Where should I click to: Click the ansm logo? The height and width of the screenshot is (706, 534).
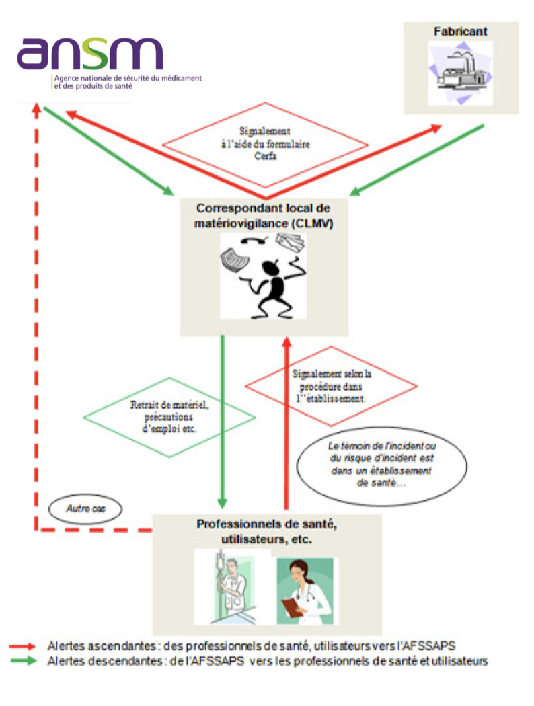[x=91, y=53]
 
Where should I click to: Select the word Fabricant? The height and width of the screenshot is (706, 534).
[x=461, y=31]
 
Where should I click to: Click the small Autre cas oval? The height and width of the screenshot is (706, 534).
[x=86, y=510]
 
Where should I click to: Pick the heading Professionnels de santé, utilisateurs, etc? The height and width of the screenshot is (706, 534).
[x=266, y=531]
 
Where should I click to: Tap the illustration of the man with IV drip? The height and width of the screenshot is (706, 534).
[x=232, y=588]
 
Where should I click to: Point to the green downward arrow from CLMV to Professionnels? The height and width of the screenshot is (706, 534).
[x=222, y=424]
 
